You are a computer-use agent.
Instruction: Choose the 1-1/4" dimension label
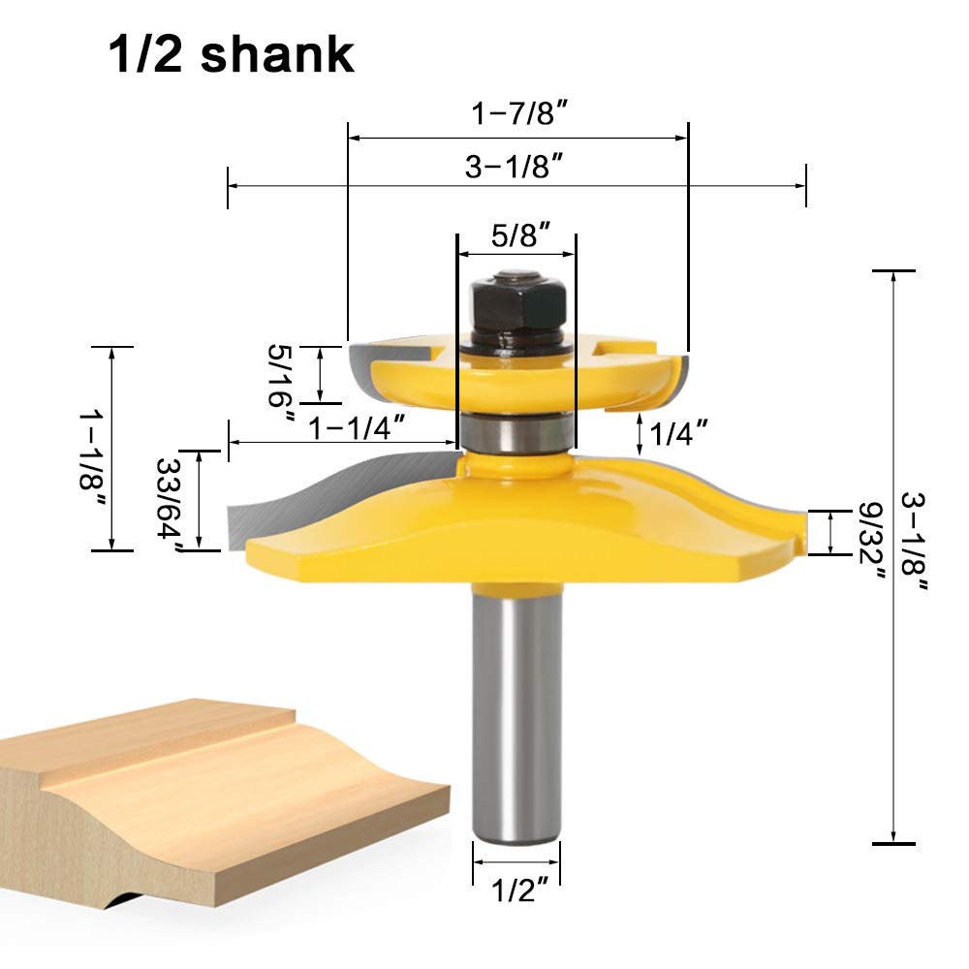tap(357, 427)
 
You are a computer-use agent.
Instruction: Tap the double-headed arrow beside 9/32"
tap(831, 532)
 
